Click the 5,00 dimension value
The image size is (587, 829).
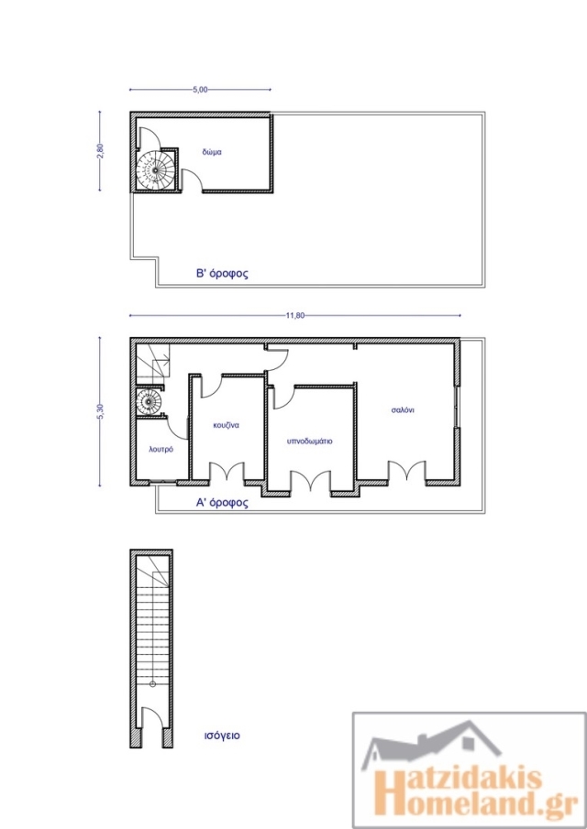[200, 90]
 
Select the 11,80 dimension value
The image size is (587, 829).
[295, 316]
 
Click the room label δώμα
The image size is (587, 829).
[212, 152]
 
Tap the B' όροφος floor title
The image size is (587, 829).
[222, 273]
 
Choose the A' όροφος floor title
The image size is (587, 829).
[222, 503]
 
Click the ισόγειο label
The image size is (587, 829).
[222, 736]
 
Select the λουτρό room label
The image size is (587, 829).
[161, 450]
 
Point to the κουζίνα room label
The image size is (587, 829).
[227, 425]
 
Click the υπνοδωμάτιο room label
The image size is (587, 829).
[310, 441]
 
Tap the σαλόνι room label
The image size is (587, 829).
[403, 409]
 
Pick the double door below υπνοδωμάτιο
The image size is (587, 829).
[310, 482]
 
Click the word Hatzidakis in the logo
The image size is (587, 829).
[459, 780]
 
